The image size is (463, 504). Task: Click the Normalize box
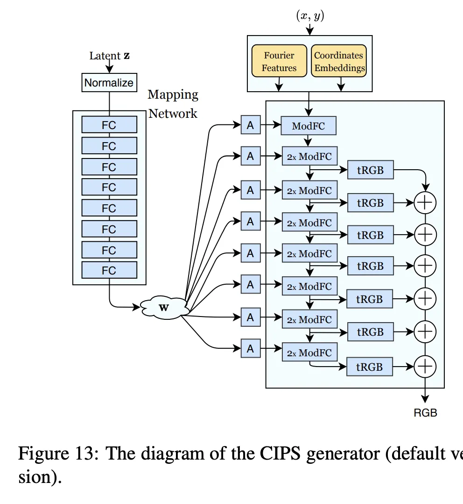pyautogui.click(x=109, y=83)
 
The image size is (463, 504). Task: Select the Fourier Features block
pyautogui.click(x=279, y=61)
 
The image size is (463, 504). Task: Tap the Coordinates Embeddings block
pyautogui.click(x=339, y=61)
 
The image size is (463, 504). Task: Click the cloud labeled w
pyautogui.click(x=165, y=308)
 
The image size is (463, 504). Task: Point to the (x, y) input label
pyautogui.click(x=310, y=15)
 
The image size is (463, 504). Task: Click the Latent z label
pyautogui.click(x=110, y=56)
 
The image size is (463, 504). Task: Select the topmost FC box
pyautogui.click(x=109, y=125)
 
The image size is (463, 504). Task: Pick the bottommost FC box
pyautogui.click(x=109, y=270)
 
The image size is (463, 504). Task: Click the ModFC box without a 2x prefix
pyautogui.click(x=308, y=126)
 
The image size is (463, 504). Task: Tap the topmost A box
pyautogui.click(x=251, y=125)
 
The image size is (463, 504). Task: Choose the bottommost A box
pyautogui.click(x=251, y=348)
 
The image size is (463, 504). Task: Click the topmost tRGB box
pyautogui.click(x=370, y=170)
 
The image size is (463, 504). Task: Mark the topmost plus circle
pyautogui.click(x=425, y=202)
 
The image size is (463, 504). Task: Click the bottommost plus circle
pyautogui.click(x=425, y=366)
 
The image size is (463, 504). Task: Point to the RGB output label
pyautogui.click(x=425, y=413)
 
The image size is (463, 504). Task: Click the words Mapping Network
pyautogui.click(x=173, y=104)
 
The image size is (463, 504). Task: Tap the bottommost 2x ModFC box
pyautogui.click(x=309, y=353)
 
